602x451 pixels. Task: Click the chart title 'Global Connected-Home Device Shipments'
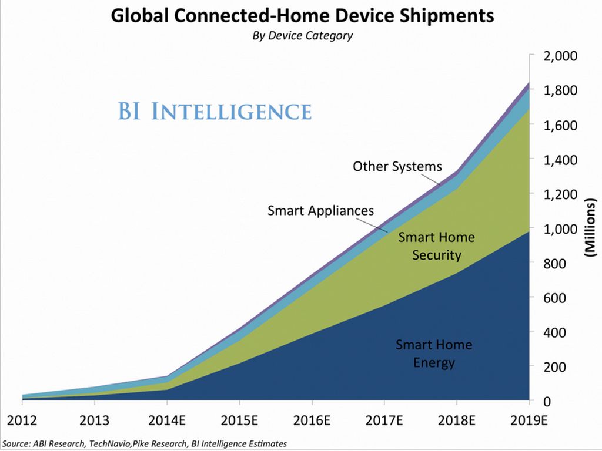pyautogui.click(x=302, y=15)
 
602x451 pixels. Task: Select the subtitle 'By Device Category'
pyautogui.click(x=302, y=36)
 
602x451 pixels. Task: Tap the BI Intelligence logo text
pyautogui.click(x=215, y=111)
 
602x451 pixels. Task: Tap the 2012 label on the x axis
pyautogui.click(x=22, y=420)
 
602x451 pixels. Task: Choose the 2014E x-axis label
pyautogui.click(x=167, y=420)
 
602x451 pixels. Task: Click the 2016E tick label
pyautogui.click(x=312, y=420)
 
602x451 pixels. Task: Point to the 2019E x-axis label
pyautogui.click(x=529, y=420)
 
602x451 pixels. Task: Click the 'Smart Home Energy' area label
pyautogui.click(x=434, y=354)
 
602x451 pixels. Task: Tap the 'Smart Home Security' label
pyautogui.click(x=436, y=246)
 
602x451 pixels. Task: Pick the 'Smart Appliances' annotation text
pyautogui.click(x=320, y=210)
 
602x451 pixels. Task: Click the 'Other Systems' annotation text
pyautogui.click(x=397, y=167)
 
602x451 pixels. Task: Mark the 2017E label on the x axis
pyautogui.click(x=384, y=420)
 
